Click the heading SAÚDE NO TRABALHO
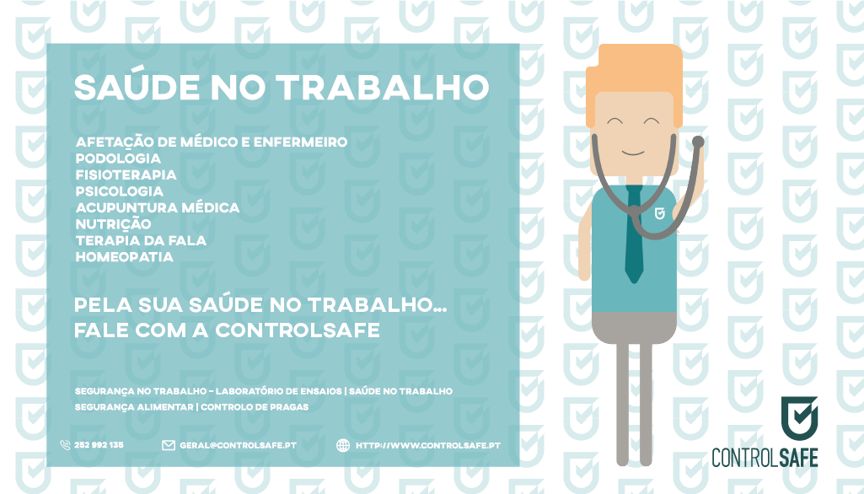tap(281, 87)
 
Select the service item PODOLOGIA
tap(118, 158)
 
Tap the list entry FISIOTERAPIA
tap(126, 175)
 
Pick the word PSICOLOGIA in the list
tap(120, 191)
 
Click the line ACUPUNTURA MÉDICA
tap(158, 207)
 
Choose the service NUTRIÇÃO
tap(113, 224)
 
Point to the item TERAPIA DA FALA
tap(141, 240)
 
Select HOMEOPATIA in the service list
tap(125, 257)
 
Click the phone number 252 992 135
tap(99, 445)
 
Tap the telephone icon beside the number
tap(65, 445)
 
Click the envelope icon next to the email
tap(169, 445)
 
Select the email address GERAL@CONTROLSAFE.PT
tap(238, 445)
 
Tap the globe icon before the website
tap(343, 445)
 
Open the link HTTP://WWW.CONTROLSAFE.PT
tap(428, 445)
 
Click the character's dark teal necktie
tap(634, 234)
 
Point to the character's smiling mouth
tap(632, 153)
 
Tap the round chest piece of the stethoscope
tap(698, 142)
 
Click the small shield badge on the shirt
tap(659, 213)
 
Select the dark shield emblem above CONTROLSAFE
tap(800, 418)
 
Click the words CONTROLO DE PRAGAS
tap(255, 407)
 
